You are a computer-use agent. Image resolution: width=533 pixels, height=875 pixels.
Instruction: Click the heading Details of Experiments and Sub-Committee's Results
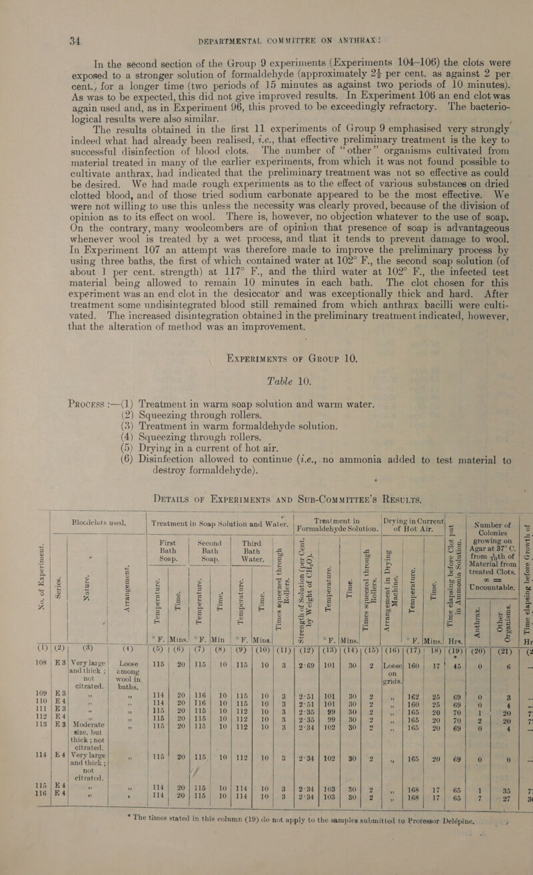[266, 490]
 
